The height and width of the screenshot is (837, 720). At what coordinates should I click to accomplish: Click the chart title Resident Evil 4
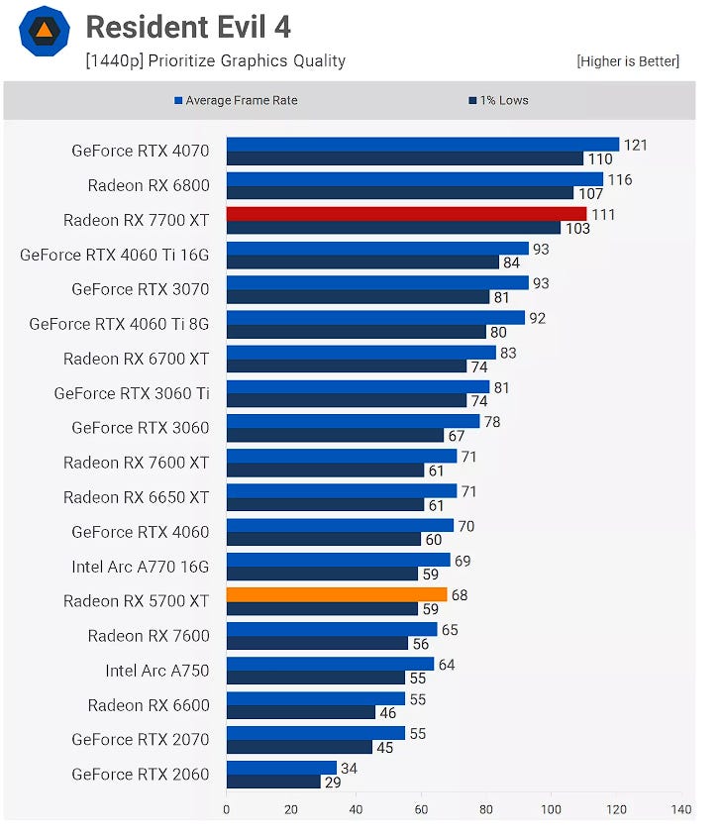188,27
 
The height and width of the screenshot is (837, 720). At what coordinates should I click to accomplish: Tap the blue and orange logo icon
44,31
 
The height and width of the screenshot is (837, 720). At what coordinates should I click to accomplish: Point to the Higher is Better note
628,61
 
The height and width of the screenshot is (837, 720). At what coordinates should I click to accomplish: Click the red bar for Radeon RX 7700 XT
406,214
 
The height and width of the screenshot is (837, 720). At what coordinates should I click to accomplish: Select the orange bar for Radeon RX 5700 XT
337,594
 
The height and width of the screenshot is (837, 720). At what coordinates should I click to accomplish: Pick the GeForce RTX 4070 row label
141,151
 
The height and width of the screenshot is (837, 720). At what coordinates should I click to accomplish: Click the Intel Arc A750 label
157,671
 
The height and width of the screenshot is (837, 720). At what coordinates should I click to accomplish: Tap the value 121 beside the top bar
635,145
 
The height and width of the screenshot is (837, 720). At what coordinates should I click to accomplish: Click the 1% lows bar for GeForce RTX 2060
273,782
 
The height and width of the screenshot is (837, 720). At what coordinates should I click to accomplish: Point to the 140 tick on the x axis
680,809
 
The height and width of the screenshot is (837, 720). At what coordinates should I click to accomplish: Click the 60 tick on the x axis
421,809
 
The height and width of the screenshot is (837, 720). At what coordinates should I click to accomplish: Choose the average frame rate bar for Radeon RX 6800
414,179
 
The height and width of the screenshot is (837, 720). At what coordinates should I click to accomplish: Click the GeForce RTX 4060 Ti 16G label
115,255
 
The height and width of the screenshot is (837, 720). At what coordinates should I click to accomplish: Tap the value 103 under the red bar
576,229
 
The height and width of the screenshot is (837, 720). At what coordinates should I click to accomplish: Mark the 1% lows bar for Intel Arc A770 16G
322,574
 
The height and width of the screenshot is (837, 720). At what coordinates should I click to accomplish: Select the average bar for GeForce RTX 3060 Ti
358,387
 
